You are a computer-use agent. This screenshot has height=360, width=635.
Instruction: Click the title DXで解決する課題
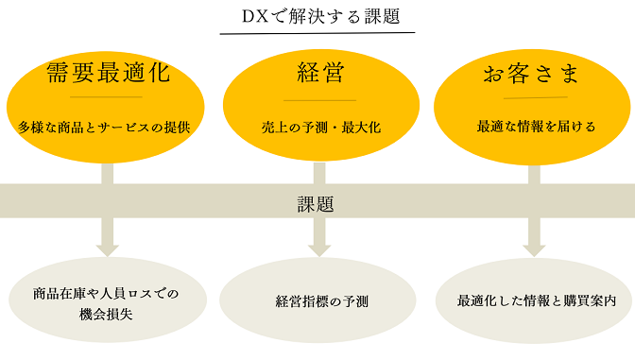(317, 16)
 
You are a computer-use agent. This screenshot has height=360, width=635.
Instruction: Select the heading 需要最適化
(106, 72)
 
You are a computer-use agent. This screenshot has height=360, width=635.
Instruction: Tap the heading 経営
(320, 72)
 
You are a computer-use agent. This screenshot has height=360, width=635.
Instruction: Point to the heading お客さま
(535, 72)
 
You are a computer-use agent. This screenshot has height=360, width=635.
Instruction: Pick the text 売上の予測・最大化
(320, 127)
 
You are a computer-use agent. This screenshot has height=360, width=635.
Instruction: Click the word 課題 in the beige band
(317, 203)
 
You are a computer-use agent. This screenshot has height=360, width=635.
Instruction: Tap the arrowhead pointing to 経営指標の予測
(319, 248)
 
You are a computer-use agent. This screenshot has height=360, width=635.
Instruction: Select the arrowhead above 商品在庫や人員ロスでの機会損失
(107, 248)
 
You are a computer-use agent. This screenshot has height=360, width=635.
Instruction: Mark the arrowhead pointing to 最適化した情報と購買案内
(535, 248)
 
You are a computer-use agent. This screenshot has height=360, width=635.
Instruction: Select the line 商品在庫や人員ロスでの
(106, 293)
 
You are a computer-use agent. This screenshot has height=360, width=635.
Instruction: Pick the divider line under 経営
(320, 99)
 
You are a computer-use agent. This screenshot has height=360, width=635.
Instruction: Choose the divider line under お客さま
(535, 97)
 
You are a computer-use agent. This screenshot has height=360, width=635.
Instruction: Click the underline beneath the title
(317, 34)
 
